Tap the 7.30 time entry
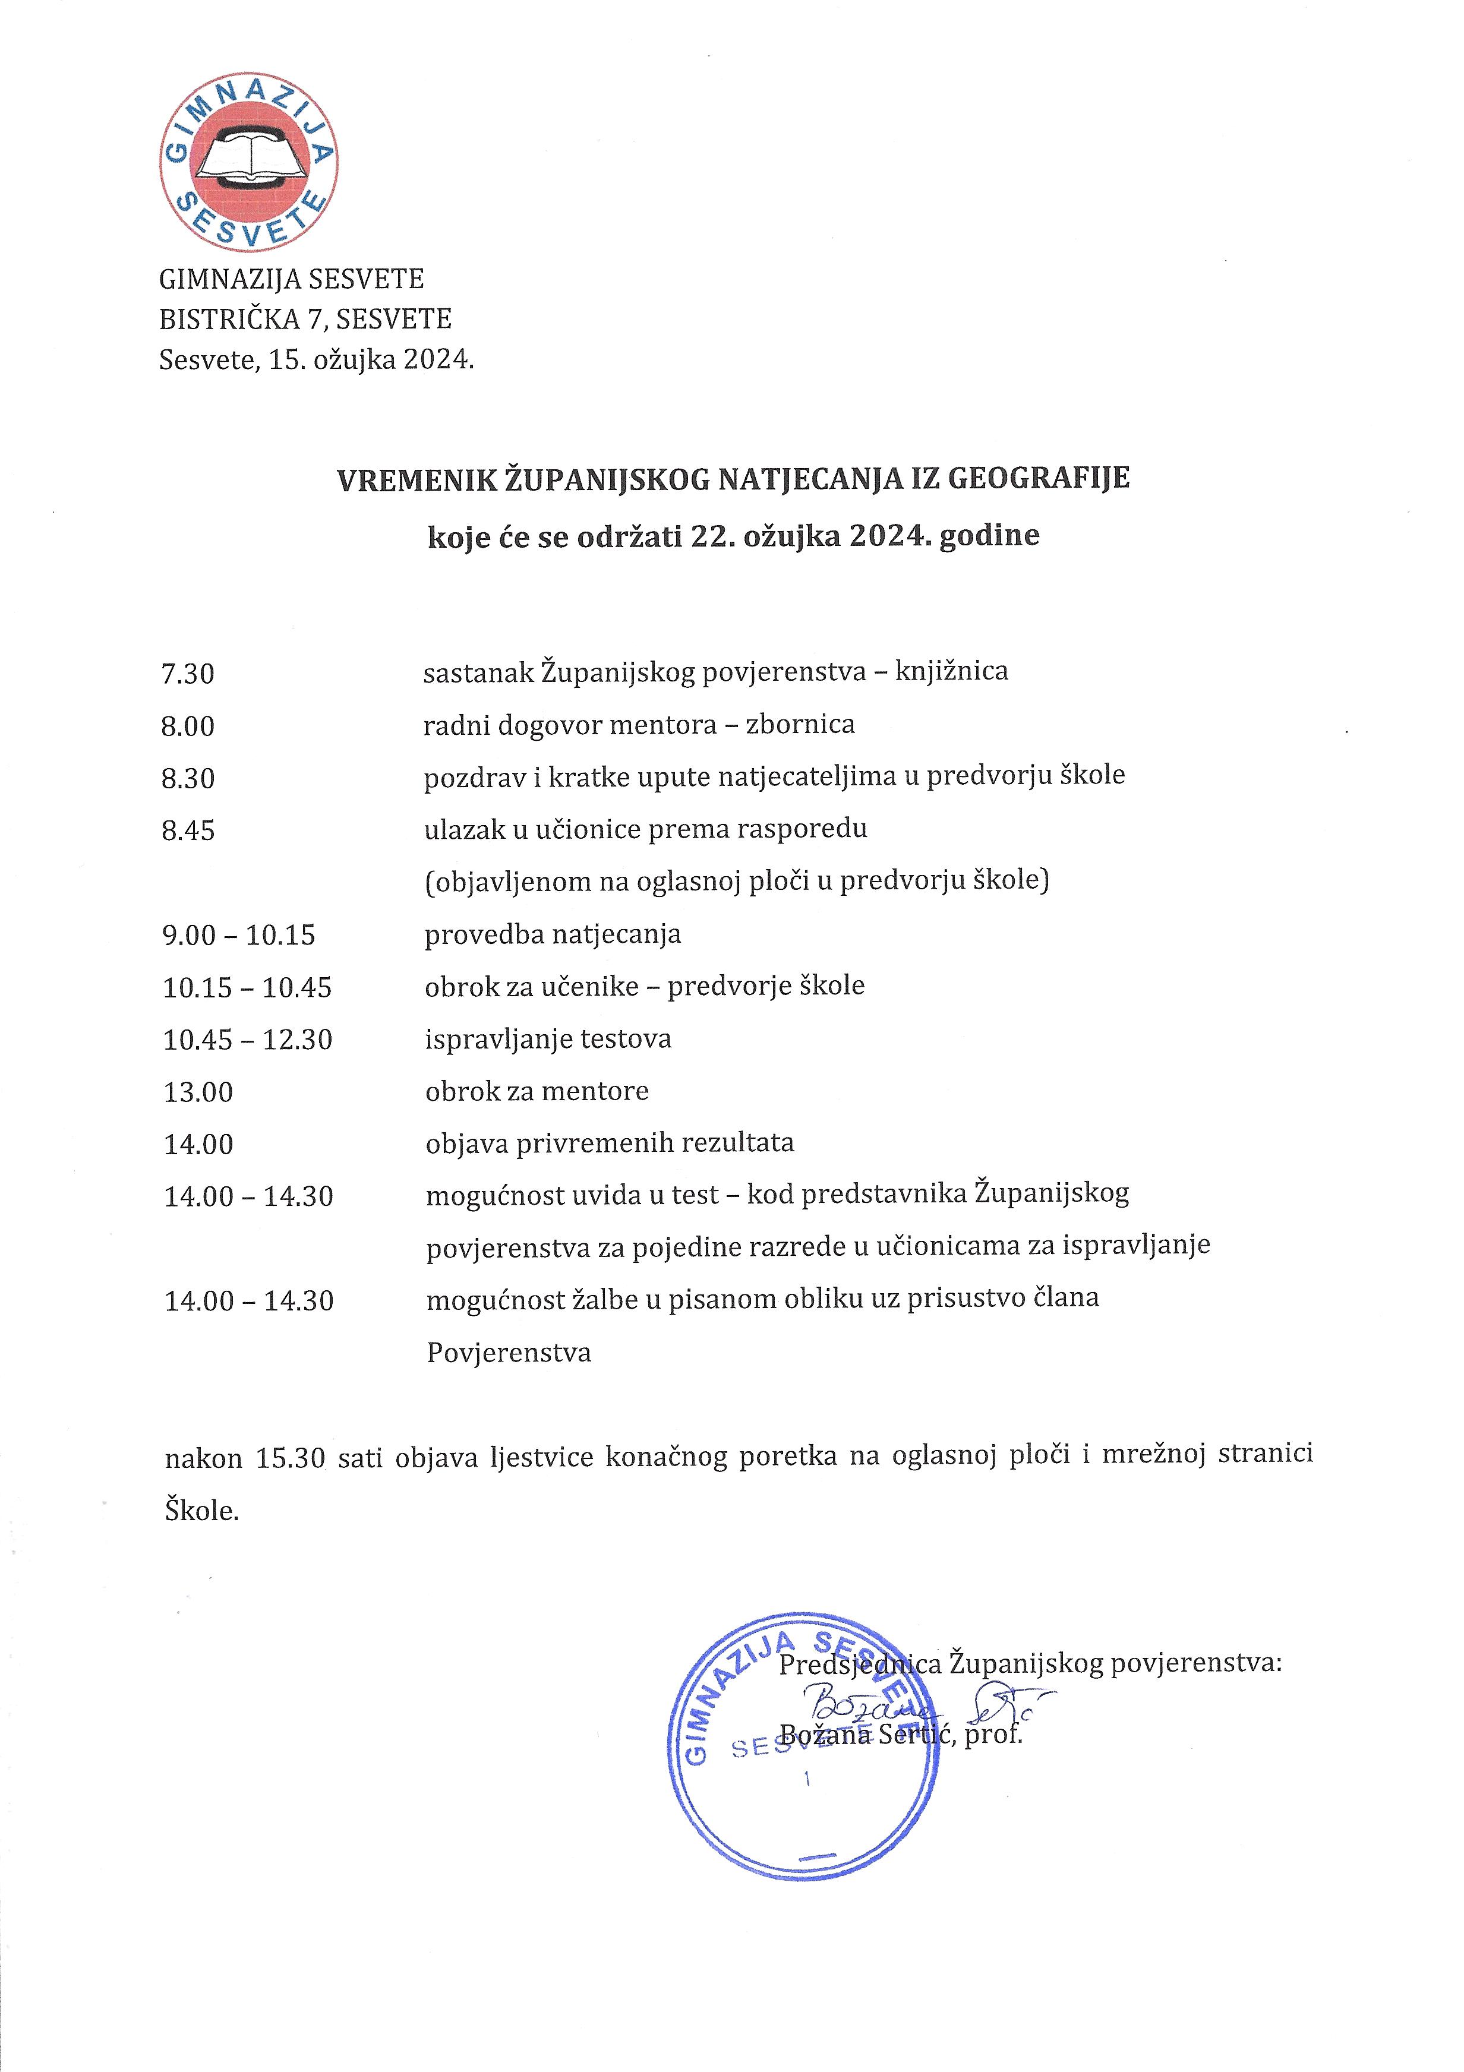[x=188, y=674]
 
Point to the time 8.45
[x=188, y=831]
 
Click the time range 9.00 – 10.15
[x=239, y=936]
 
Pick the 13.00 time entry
[x=198, y=1093]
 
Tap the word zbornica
[x=800, y=725]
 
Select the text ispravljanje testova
[x=548, y=1040]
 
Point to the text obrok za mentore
[x=537, y=1092]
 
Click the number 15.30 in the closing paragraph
[x=290, y=1459]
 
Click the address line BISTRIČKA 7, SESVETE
[x=305, y=320]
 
